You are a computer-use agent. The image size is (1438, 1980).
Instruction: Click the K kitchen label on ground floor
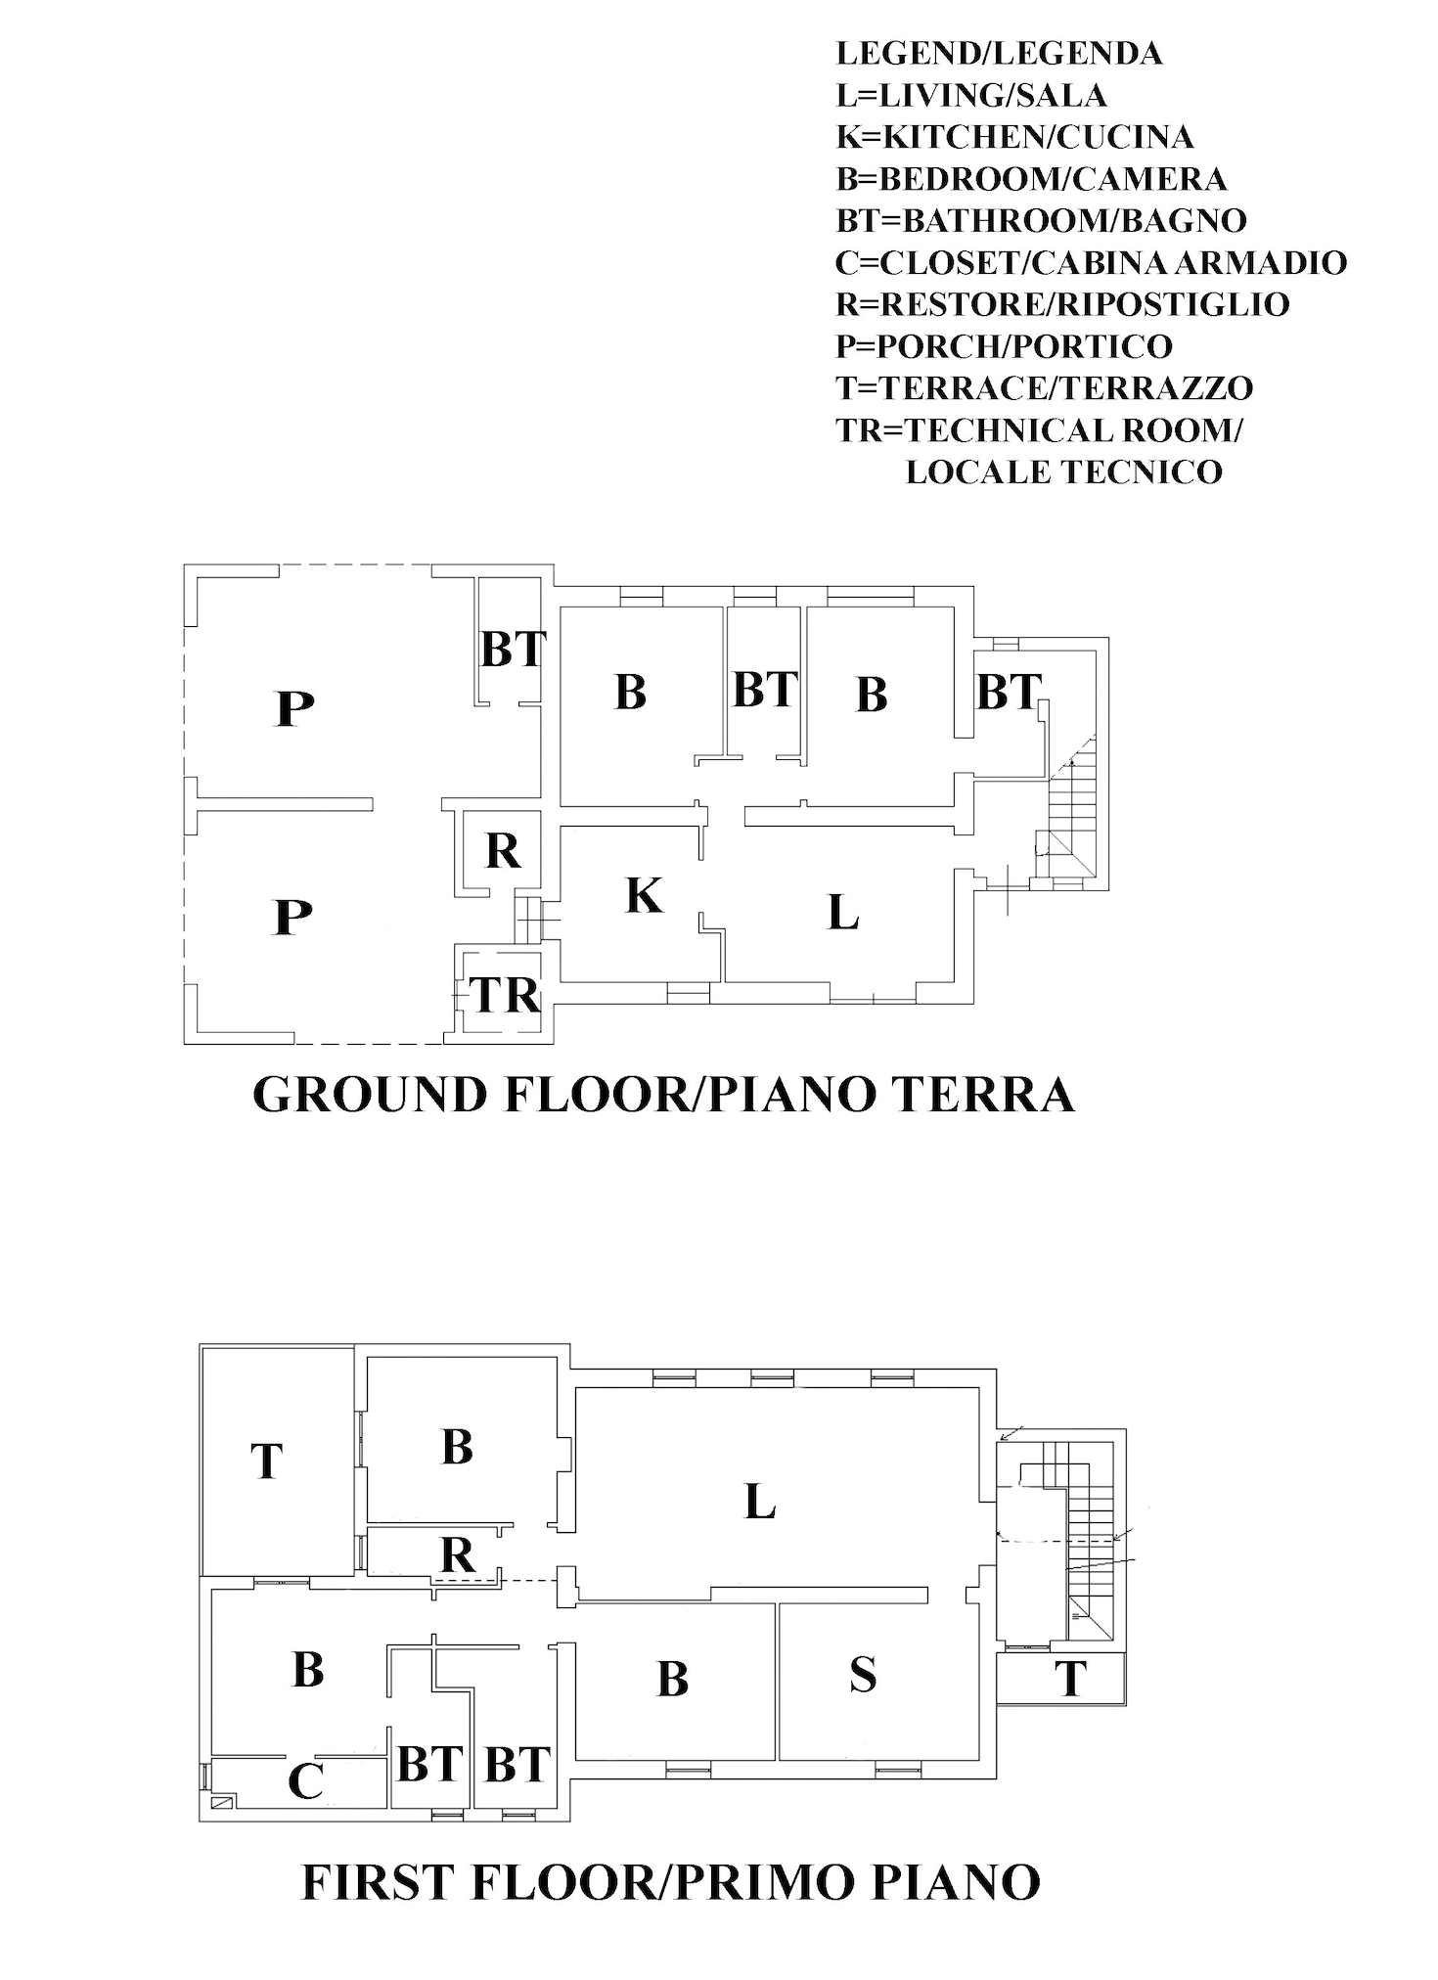pos(644,895)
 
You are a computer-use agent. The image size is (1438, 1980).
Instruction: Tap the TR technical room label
pos(506,996)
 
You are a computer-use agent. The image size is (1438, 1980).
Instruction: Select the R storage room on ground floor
pos(503,851)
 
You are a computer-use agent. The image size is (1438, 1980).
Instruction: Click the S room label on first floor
pos(862,1674)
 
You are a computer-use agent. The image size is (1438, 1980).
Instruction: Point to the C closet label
pos(305,1781)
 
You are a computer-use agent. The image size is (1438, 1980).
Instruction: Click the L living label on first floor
pos(759,1502)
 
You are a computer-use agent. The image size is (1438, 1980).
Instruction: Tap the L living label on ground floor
pos(842,914)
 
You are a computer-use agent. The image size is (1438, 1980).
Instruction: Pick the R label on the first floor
pos(457,1553)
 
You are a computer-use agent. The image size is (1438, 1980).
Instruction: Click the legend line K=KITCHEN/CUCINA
pos(1014,137)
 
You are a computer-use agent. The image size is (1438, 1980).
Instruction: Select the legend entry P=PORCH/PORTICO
pos(1004,346)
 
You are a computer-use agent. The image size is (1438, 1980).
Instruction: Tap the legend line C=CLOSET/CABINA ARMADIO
pos(1091,262)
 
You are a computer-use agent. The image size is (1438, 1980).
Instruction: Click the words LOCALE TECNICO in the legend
pos(1063,472)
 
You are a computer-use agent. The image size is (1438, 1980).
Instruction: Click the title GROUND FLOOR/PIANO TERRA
pos(663,1094)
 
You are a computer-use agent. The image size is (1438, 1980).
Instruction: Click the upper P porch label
pos(294,707)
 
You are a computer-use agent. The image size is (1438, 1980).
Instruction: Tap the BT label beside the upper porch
pos(512,650)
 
